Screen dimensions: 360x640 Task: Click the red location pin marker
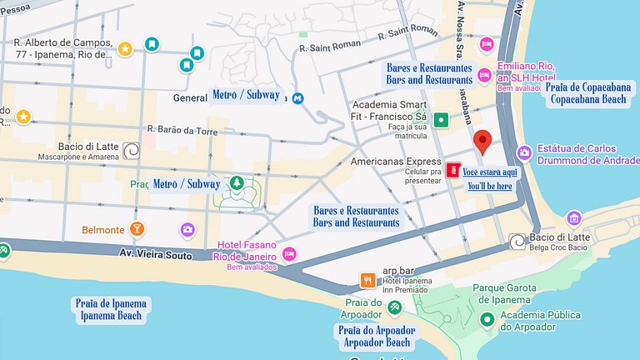482,142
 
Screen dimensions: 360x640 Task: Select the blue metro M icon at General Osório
297,97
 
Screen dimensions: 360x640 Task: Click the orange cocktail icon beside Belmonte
137,229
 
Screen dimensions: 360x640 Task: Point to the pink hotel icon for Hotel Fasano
289,252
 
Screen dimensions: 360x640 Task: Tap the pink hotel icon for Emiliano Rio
486,44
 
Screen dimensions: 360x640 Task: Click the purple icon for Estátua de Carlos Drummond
524,152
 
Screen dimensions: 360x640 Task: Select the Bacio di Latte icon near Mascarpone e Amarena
132,150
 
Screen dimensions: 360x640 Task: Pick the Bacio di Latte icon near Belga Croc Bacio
517,241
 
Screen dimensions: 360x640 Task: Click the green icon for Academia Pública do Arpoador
485,317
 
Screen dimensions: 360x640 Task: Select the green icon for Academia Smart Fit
441,120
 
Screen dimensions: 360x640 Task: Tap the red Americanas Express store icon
452,170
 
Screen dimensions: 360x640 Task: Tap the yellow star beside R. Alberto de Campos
124,49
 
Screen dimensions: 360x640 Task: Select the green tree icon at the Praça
237,183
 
